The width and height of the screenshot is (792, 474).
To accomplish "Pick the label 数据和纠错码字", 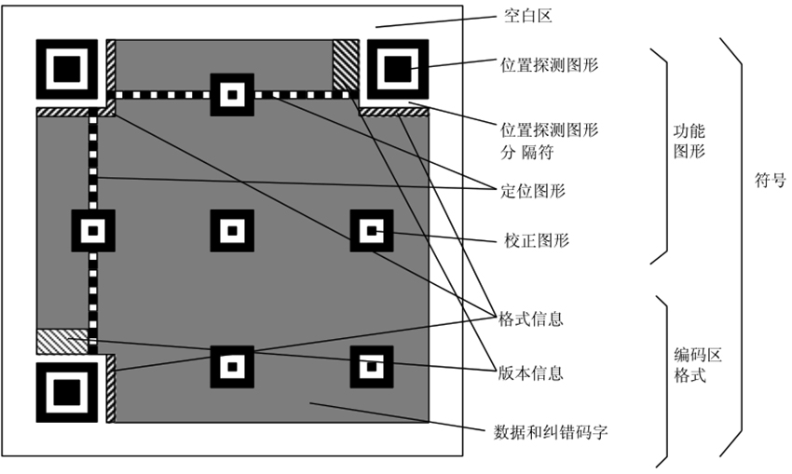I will tap(550, 432).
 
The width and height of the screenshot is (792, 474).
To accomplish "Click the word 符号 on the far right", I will tap(770, 182).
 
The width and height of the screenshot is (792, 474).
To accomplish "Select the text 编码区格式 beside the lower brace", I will tap(697, 366).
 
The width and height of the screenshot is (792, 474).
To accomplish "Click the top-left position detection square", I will tap(66, 70).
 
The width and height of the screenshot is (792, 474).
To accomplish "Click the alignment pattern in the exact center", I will tap(231, 230).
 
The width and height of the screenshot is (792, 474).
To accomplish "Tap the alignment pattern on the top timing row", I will tap(231, 94).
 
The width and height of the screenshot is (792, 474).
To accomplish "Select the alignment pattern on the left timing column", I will tap(93, 230).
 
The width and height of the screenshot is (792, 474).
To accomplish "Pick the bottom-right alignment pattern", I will tap(371, 365).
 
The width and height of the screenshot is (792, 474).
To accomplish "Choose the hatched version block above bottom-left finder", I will tap(61, 341).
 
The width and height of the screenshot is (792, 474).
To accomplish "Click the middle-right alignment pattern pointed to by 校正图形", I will tap(371, 230).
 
